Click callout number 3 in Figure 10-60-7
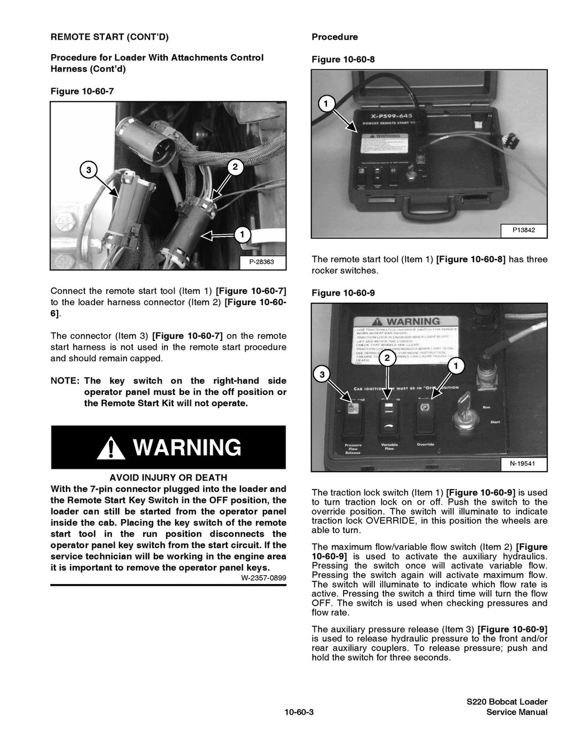[88, 169]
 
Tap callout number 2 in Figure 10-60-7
[235, 167]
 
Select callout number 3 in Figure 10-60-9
[322, 374]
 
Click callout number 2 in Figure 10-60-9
[386, 359]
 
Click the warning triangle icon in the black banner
[110, 448]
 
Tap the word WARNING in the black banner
[187, 448]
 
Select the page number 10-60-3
[298, 712]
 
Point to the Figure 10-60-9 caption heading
[343, 293]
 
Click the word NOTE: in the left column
[65, 381]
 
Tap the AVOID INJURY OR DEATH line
[168, 477]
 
